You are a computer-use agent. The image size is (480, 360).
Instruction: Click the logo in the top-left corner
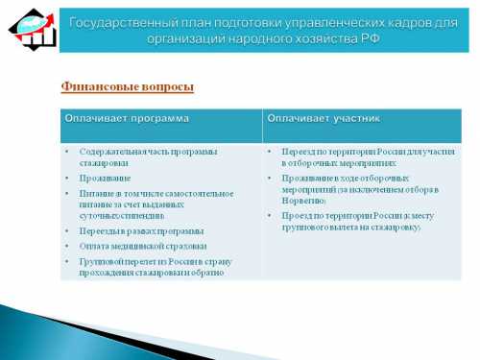30,28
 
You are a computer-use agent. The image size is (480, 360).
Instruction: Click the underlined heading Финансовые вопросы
128,86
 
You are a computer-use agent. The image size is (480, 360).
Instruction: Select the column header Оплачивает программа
127,118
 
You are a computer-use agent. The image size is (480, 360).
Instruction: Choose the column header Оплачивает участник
324,118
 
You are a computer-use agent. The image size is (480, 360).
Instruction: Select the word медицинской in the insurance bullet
134,246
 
